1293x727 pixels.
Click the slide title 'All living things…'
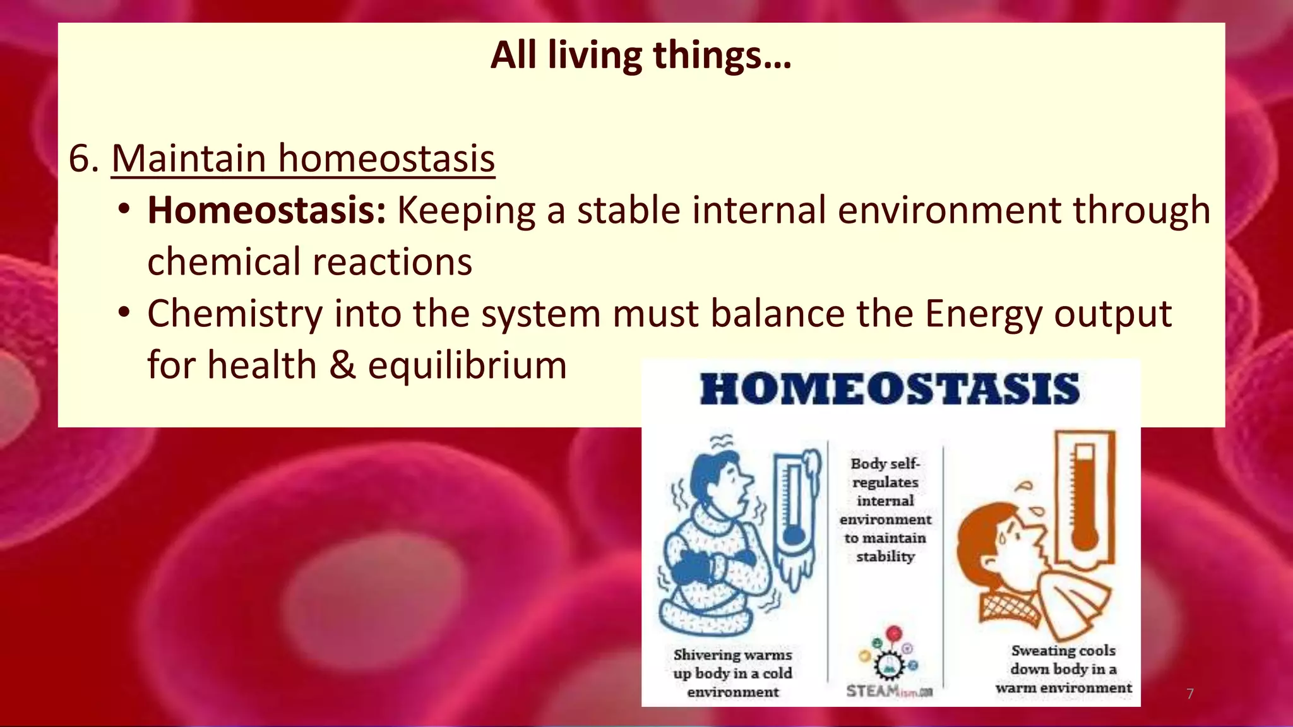(640, 56)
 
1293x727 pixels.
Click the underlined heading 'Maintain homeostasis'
(303, 158)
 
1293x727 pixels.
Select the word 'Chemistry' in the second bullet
(234, 314)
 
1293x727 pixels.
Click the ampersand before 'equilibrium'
(342, 365)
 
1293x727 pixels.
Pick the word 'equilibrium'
(467, 365)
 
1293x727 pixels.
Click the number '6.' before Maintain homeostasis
(84, 158)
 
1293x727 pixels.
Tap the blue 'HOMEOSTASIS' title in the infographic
(890, 389)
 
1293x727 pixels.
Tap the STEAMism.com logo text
(889, 692)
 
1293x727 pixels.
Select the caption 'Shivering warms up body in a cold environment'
(732, 673)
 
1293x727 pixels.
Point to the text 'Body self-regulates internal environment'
(885, 510)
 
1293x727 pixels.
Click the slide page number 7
(1190, 694)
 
